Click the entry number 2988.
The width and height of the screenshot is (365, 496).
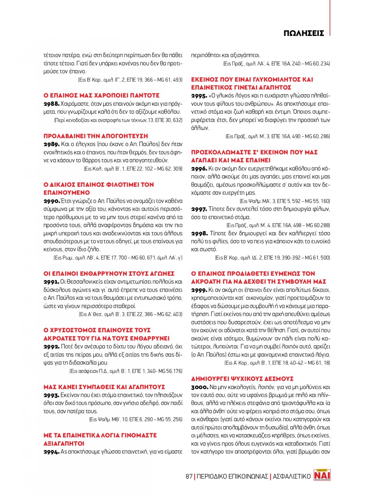(51, 104)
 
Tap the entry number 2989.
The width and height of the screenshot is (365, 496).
(51, 144)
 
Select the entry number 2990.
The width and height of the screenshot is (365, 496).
(51, 201)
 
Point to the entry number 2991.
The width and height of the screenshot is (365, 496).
(51, 282)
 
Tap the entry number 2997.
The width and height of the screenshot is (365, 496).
(199, 209)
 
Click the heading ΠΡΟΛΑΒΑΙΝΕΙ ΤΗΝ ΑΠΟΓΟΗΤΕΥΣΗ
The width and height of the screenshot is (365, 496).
(96, 136)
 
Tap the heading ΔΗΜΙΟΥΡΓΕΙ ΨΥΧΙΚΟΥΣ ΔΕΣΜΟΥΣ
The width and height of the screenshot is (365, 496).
(242, 379)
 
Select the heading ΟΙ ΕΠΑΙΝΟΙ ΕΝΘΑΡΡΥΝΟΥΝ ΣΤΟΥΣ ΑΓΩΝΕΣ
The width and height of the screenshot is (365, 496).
(109, 274)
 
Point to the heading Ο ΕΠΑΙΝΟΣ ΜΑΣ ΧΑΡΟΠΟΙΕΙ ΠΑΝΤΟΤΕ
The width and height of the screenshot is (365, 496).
(102, 95)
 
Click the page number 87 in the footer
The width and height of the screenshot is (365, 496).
(189, 476)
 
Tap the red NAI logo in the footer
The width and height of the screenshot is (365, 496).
(322, 475)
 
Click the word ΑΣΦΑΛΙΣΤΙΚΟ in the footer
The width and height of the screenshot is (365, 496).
(292, 476)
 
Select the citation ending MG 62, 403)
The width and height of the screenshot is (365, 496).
(131, 314)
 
